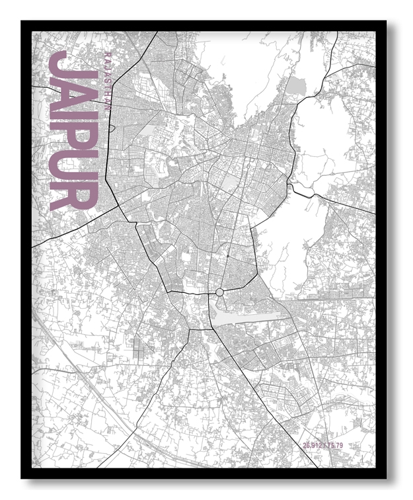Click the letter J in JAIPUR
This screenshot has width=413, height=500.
73,66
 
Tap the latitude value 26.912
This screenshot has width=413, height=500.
313,444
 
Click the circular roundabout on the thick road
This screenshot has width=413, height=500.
219,292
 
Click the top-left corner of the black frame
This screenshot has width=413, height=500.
22,21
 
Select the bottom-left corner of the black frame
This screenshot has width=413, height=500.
22,478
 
